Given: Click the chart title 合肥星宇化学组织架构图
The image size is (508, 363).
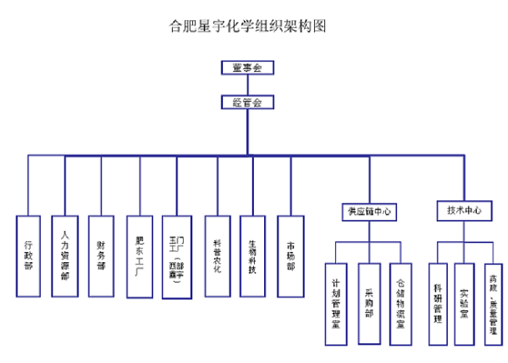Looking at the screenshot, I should (x=247, y=28).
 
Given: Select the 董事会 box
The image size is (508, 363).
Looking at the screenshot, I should (x=247, y=68).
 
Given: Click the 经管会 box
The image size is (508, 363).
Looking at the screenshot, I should (x=247, y=102).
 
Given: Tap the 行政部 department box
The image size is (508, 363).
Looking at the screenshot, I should (x=28, y=256).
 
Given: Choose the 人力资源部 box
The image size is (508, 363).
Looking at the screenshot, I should (x=65, y=256).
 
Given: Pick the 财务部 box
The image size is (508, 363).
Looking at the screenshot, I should (x=101, y=256).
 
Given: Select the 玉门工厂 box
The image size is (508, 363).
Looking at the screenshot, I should (x=177, y=256).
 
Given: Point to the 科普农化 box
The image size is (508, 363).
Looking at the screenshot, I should (x=217, y=256).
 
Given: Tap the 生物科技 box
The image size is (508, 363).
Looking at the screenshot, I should (x=253, y=256).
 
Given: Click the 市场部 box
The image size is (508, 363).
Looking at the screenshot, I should (x=291, y=256).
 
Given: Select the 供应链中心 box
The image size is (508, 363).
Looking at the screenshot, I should (x=369, y=212).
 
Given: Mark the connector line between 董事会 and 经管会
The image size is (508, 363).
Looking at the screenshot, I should (x=247, y=85).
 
